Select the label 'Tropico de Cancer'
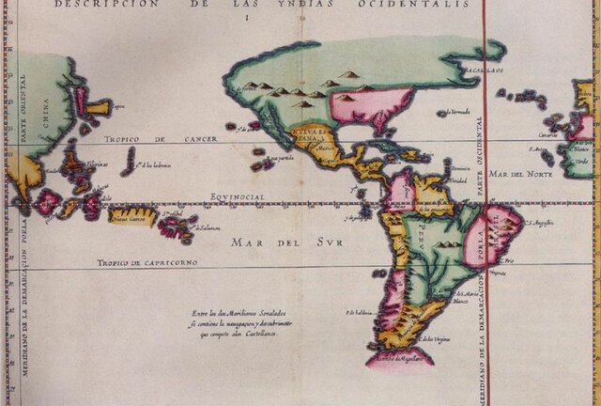161,139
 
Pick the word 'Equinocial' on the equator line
237,196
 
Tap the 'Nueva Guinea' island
131,217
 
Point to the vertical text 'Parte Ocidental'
478,156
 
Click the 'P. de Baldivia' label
361,312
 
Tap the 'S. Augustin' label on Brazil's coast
539,223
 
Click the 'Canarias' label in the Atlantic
547,134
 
